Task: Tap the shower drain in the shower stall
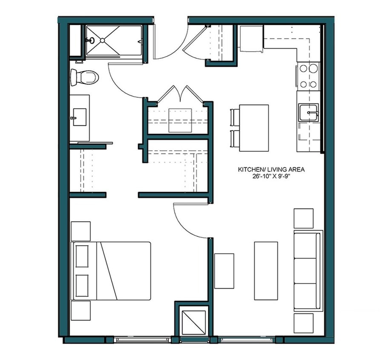click(102, 41)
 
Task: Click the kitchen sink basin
click(308, 113)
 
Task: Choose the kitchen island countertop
click(254, 128)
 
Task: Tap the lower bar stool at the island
click(235, 139)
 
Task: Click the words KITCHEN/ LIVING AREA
click(271, 170)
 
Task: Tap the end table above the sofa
click(303, 218)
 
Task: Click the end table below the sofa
click(303, 323)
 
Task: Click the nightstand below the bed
click(81, 311)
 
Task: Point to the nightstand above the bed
click(81, 231)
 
